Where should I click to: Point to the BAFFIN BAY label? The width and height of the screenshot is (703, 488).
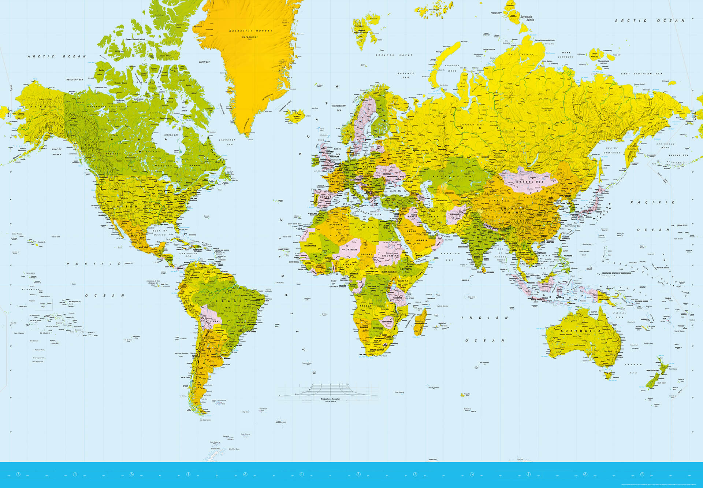(x=204, y=62)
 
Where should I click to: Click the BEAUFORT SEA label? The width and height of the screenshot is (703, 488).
(x=74, y=80)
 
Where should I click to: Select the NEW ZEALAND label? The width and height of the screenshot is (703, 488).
(x=653, y=370)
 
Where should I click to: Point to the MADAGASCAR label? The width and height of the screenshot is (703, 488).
(x=421, y=324)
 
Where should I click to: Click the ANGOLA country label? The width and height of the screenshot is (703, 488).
(x=365, y=306)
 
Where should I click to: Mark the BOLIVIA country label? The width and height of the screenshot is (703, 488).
(x=213, y=321)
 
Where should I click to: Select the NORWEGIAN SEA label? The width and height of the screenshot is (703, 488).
(x=339, y=108)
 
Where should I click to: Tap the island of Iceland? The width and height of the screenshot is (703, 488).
(x=295, y=115)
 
